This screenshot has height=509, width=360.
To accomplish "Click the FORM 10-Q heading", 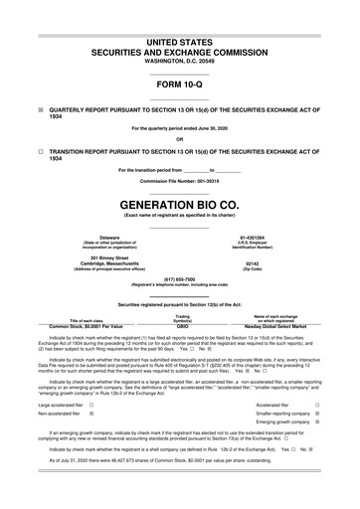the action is (179, 84).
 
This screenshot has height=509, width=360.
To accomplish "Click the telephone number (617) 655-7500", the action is (179, 279).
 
